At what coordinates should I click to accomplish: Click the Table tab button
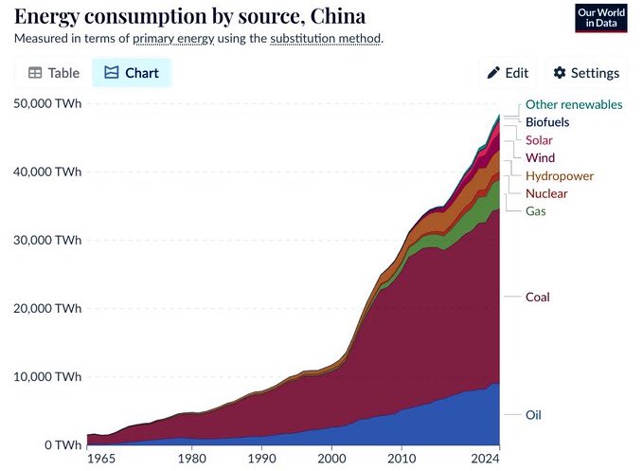tap(52, 73)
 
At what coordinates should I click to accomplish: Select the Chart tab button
tap(132, 73)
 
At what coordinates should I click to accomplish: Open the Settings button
tap(586, 73)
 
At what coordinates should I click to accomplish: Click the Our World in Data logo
tap(601, 18)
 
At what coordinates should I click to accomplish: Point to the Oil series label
tap(534, 415)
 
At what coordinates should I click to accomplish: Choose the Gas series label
tap(535, 210)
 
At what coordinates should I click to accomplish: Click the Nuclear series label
tap(546, 193)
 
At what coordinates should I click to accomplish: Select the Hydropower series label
tap(559, 175)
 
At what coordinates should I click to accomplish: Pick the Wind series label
tap(540, 157)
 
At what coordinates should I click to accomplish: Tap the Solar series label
tap(539, 140)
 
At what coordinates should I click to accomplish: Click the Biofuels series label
tap(547, 122)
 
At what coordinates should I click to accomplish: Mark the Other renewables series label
tap(574, 104)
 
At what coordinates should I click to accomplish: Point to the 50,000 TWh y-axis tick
tap(46, 103)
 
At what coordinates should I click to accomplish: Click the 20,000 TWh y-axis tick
tap(46, 308)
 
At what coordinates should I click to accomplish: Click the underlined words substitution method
tap(325, 39)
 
